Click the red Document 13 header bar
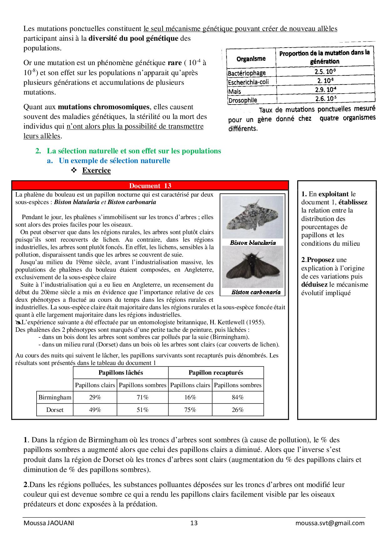150,186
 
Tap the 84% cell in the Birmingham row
237,397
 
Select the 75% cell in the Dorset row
190,410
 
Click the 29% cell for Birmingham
95,397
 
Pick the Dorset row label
55,410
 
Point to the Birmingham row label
55,397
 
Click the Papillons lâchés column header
120,372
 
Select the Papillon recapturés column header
216,372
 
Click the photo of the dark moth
253,267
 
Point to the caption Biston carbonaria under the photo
256,292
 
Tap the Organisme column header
251,59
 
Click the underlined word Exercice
96,170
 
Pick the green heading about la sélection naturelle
134,151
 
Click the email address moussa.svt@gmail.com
330,523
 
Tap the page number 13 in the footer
194,523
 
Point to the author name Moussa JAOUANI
49,523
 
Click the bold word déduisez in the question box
314,285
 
